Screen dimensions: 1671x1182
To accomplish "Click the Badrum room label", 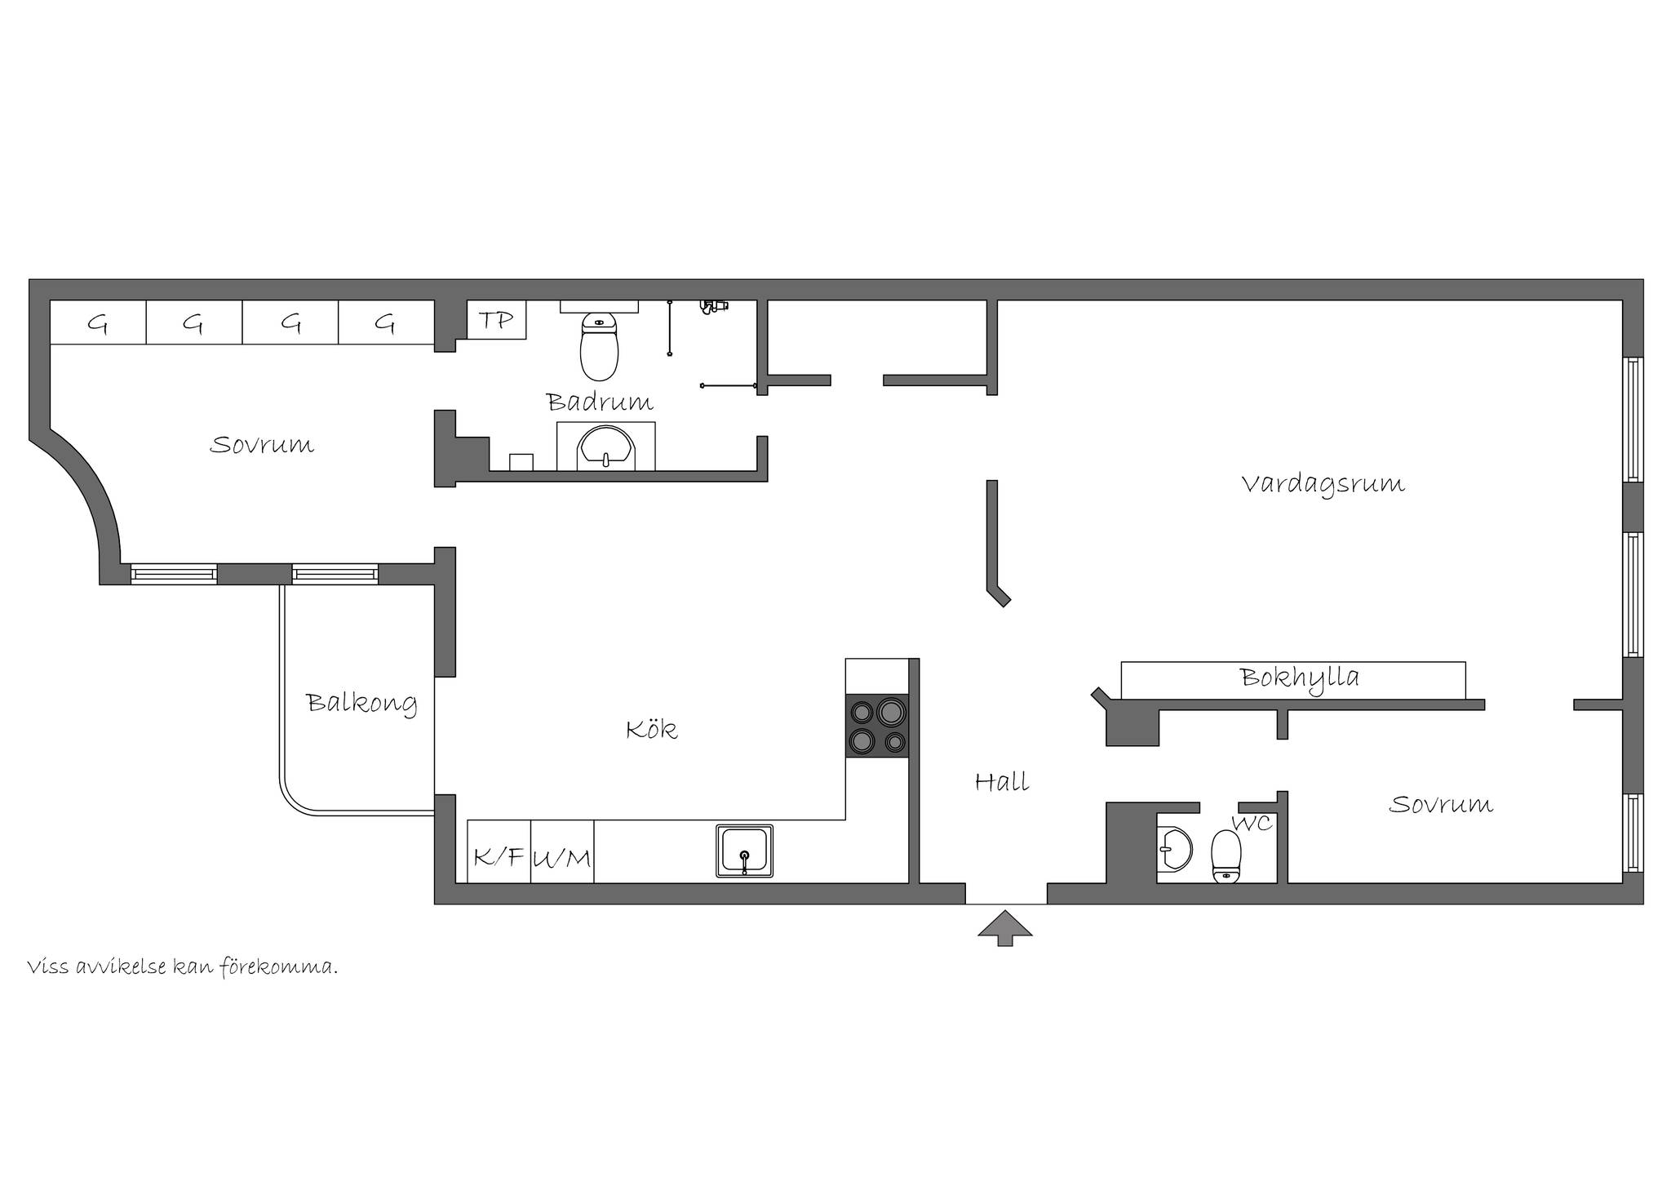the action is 600,402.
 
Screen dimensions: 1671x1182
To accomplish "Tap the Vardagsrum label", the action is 1323,484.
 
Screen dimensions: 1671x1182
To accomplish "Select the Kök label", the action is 651,728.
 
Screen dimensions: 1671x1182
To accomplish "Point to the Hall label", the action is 1002,782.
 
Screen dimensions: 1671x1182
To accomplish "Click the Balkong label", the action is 361,704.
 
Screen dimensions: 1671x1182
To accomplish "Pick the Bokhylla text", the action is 1300,678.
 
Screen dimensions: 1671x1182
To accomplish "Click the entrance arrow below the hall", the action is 1005,928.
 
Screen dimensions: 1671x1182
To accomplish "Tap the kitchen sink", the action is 744,851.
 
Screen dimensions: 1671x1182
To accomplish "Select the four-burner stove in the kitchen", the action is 877,725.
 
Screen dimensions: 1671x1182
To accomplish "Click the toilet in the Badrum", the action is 599,348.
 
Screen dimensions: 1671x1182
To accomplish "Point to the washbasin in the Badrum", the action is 605,447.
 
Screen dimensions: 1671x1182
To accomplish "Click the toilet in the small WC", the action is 1226,856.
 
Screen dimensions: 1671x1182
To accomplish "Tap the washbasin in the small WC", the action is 1173,850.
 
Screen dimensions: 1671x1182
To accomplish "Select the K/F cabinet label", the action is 499,856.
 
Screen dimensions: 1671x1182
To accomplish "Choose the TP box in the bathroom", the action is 497,320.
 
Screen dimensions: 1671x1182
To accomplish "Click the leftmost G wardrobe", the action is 98,322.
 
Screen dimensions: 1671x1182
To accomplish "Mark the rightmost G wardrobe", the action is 386,322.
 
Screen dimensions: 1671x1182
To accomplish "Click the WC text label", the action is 1252,824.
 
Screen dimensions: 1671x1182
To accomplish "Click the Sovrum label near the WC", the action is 1441,805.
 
